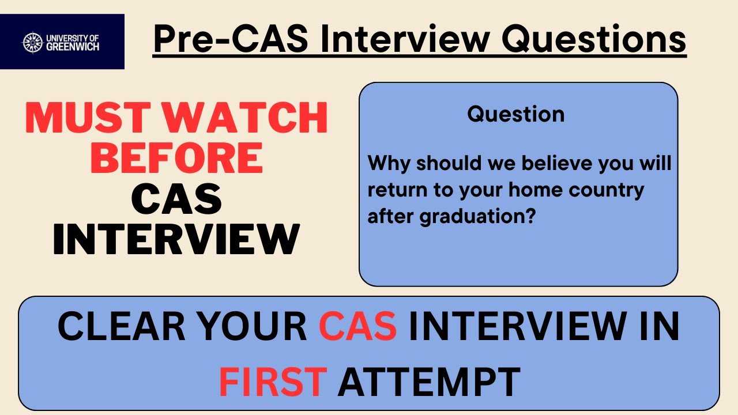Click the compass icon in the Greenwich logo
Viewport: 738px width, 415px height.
tap(32, 42)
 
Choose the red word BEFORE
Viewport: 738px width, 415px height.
tap(176, 158)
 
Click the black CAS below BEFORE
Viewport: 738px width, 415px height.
tap(176, 199)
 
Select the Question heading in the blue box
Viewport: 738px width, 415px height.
tap(516, 114)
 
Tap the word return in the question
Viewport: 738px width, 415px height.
tap(395, 190)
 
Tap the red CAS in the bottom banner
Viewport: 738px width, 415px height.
tap(357, 327)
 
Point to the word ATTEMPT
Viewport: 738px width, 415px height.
tap(429, 381)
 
